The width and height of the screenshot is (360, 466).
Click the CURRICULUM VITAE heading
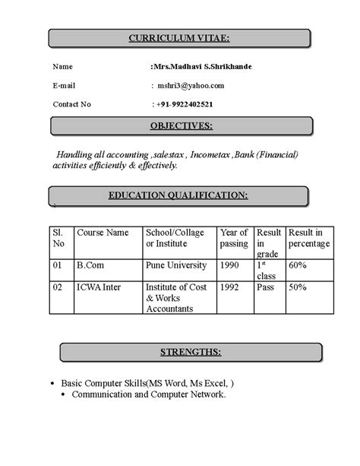pyautogui.click(x=179, y=38)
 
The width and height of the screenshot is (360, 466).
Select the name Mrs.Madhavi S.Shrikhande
pyautogui.click(x=203, y=67)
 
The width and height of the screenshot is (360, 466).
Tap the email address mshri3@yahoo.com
pyautogui.click(x=191, y=85)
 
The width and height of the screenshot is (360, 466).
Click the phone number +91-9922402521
pyautogui.click(x=185, y=104)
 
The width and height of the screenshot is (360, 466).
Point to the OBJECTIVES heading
pyautogui.click(x=181, y=125)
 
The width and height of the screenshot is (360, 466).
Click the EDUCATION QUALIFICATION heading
pyautogui.click(x=178, y=195)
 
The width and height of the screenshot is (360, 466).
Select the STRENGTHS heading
pyautogui.click(x=191, y=352)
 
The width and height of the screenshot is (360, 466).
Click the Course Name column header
pyautogui.click(x=103, y=233)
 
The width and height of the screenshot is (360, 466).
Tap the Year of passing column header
pyautogui.click(x=233, y=238)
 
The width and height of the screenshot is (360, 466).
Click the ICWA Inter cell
pyautogui.click(x=99, y=288)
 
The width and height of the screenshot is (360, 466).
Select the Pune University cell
pyautogui.click(x=175, y=265)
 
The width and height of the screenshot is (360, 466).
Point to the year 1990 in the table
pyautogui.click(x=230, y=265)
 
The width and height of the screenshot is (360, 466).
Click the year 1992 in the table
pyautogui.click(x=230, y=288)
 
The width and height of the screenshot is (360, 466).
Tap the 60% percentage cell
pyautogui.click(x=298, y=265)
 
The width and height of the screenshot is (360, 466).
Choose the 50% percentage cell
pyautogui.click(x=298, y=288)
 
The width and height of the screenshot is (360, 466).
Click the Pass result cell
pyautogui.click(x=266, y=288)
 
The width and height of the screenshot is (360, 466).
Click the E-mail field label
pyautogui.click(x=64, y=85)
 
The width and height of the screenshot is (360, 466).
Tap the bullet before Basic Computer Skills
pyautogui.click(x=50, y=383)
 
